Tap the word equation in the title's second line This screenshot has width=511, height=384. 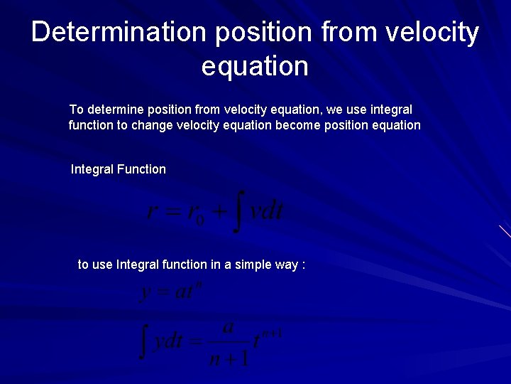[x=255, y=66]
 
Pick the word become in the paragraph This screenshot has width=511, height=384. [x=306, y=125]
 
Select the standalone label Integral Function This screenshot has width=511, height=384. [x=119, y=170]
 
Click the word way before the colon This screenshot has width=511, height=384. [x=286, y=265]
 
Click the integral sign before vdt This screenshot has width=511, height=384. [x=239, y=211]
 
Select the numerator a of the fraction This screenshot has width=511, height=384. [x=228, y=328]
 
